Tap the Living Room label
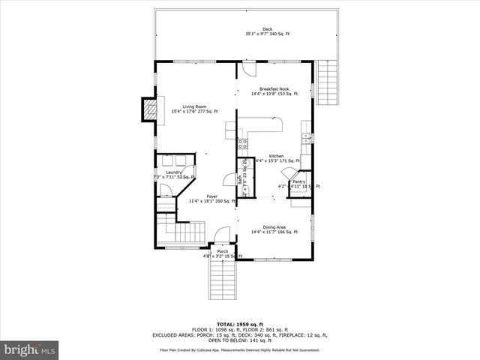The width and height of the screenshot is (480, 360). [194, 109]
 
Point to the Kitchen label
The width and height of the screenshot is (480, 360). [277, 157]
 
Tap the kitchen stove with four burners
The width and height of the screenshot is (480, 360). [243, 145]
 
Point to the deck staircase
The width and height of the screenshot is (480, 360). [328, 83]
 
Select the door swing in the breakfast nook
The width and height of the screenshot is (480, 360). [248, 70]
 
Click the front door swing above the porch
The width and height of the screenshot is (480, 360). [219, 237]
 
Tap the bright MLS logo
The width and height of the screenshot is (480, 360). [29, 349]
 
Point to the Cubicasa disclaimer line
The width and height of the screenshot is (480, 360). [239, 349]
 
